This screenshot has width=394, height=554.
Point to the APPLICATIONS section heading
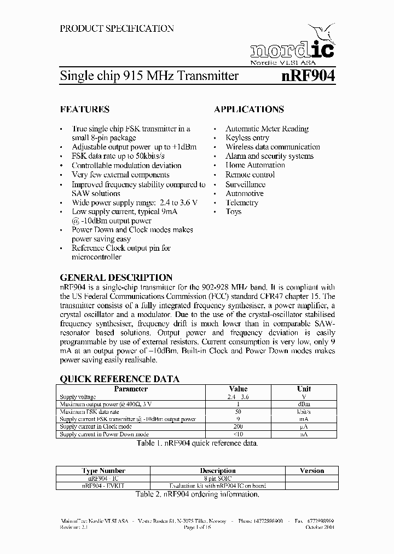coord(249,109)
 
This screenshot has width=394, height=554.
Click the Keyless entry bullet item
coord(247,138)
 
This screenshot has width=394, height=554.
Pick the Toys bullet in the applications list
coord(234,212)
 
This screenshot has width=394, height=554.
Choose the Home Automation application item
coord(255,165)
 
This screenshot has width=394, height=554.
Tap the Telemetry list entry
coord(242,203)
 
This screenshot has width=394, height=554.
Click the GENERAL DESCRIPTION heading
coord(116,278)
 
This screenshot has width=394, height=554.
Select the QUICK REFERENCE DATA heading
coord(119,379)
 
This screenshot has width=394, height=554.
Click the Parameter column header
coord(130,389)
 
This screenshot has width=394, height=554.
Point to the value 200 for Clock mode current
coord(238,426)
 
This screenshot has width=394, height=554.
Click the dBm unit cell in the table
coord(303,404)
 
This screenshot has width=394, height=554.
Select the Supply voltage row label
coord(78,397)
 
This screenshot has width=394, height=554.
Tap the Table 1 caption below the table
coord(196,443)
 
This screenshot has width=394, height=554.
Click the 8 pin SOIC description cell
coord(217,478)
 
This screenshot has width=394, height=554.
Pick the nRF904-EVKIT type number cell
coord(103,486)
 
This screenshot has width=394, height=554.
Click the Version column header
coord(311,470)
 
